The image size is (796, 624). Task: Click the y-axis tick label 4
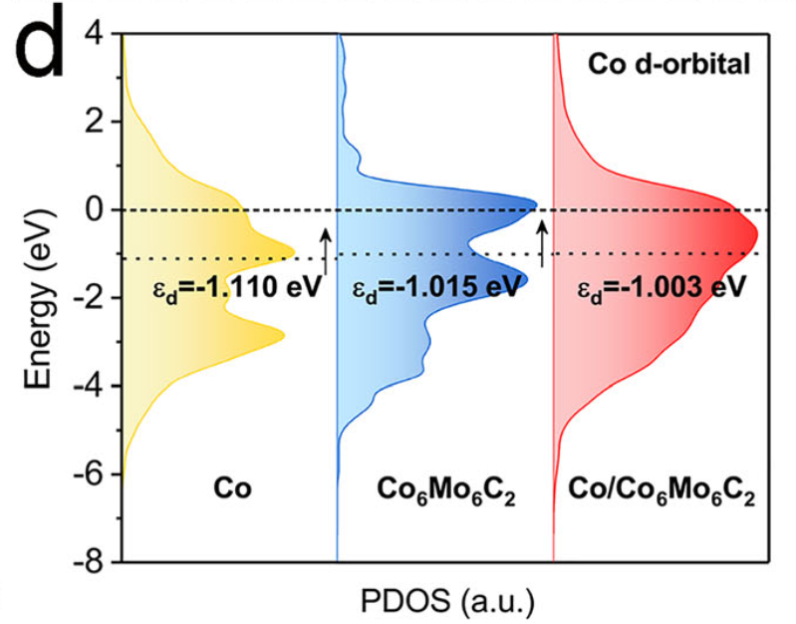(x=94, y=34)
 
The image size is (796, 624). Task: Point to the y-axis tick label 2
(x=94, y=122)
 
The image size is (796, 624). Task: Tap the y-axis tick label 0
(x=94, y=209)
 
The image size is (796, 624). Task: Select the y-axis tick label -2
(x=88, y=298)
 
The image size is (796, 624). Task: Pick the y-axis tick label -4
(x=88, y=386)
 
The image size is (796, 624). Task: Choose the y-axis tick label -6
(x=88, y=473)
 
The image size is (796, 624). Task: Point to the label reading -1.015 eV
(x=436, y=289)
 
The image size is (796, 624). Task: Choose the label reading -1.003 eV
(x=662, y=289)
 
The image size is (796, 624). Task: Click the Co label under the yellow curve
(x=232, y=490)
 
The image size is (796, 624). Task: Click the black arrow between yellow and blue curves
(x=325, y=248)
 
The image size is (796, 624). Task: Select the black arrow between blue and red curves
(x=541, y=244)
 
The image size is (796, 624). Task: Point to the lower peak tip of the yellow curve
(x=286, y=337)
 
